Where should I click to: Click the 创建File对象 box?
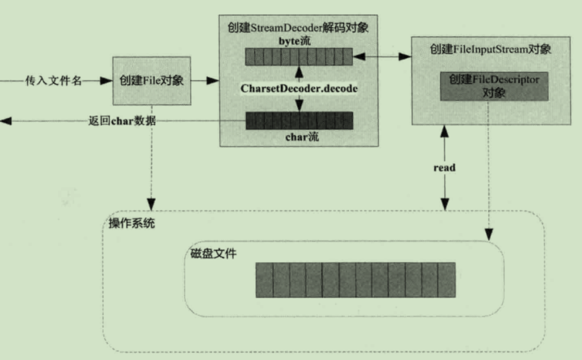coord(151,80)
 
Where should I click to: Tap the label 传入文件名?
coord(53,81)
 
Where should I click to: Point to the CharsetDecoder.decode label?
coord(298,89)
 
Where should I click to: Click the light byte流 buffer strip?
coord(298,57)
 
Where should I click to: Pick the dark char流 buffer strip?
coord(298,121)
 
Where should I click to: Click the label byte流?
coord(298,41)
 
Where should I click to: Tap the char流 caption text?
coord(298,136)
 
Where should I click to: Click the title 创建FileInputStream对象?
coord(491,49)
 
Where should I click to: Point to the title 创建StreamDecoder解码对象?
coord(298,27)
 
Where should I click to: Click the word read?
coord(445,168)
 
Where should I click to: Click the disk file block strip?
coord(355,280)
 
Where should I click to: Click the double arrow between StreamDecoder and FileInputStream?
coord(382,57)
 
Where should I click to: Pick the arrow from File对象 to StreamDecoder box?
coord(204,81)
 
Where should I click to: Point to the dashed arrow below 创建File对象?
coord(151,158)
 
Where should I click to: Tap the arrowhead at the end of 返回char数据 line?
coord(5,120)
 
